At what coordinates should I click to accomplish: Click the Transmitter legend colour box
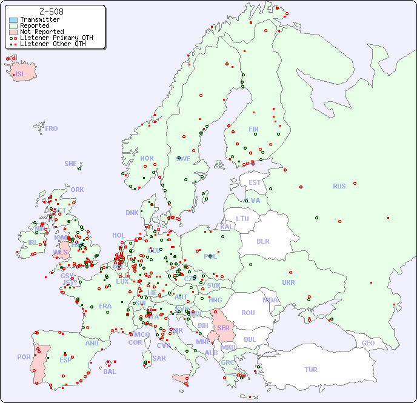[x=13, y=20]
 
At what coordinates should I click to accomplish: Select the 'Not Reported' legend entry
[x=41, y=32]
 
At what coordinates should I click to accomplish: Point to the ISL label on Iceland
[x=21, y=74]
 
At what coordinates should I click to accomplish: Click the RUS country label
[x=339, y=186]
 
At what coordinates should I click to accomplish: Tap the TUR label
[x=311, y=370]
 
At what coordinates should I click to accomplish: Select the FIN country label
[x=253, y=129]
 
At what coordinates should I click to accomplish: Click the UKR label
[x=289, y=282]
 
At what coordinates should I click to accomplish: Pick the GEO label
[x=368, y=343]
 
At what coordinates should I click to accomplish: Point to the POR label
[x=24, y=357]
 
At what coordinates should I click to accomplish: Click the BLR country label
[x=262, y=241]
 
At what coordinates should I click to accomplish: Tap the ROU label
[x=248, y=313]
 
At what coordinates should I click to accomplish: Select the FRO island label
[x=52, y=128]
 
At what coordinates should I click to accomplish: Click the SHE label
[x=71, y=164]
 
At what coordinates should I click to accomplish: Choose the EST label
[x=255, y=182]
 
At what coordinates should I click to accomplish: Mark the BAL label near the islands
[x=110, y=371]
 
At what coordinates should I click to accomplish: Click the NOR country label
[x=147, y=158]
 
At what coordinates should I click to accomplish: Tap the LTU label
[x=242, y=219]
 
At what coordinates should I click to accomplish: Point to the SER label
[x=223, y=328]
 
